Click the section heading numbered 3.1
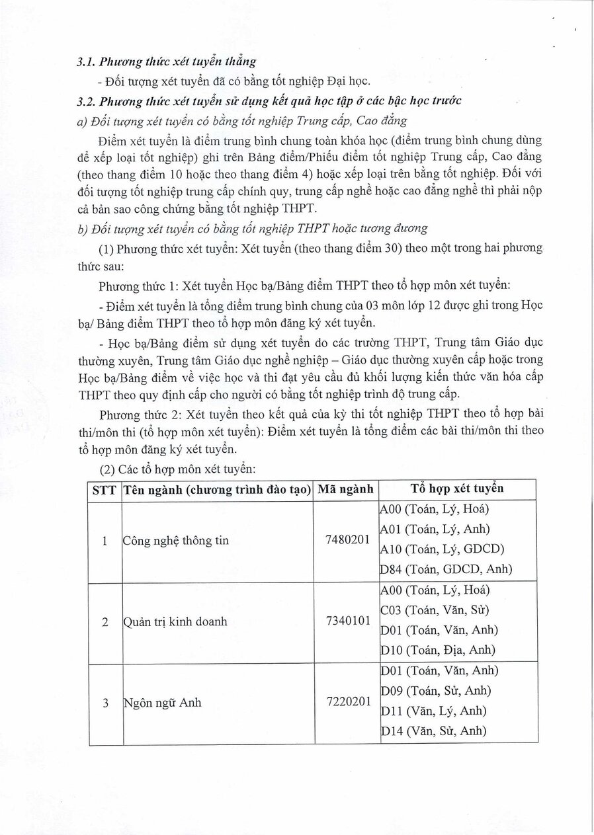click(x=165, y=62)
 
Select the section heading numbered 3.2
click(x=269, y=100)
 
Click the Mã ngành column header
click(x=345, y=490)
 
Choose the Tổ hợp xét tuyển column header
click(x=457, y=489)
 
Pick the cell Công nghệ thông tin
click(x=176, y=541)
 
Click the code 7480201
click(x=347, y=539)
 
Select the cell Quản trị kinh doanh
click(x=175, y=621)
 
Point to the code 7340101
click(x=347, y=621)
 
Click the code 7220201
click(x=347, y=701)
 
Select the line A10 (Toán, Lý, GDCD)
click(x=442, y=549)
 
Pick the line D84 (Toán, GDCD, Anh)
click(x=446, y=569)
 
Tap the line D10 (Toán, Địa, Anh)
click(x=438, y=650)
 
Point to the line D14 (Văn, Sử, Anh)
click(x=433, y=731)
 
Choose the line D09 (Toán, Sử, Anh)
click(x=436, y=691)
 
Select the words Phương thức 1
click(x=136, y=286)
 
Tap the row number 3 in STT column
click(x=105, y=703)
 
